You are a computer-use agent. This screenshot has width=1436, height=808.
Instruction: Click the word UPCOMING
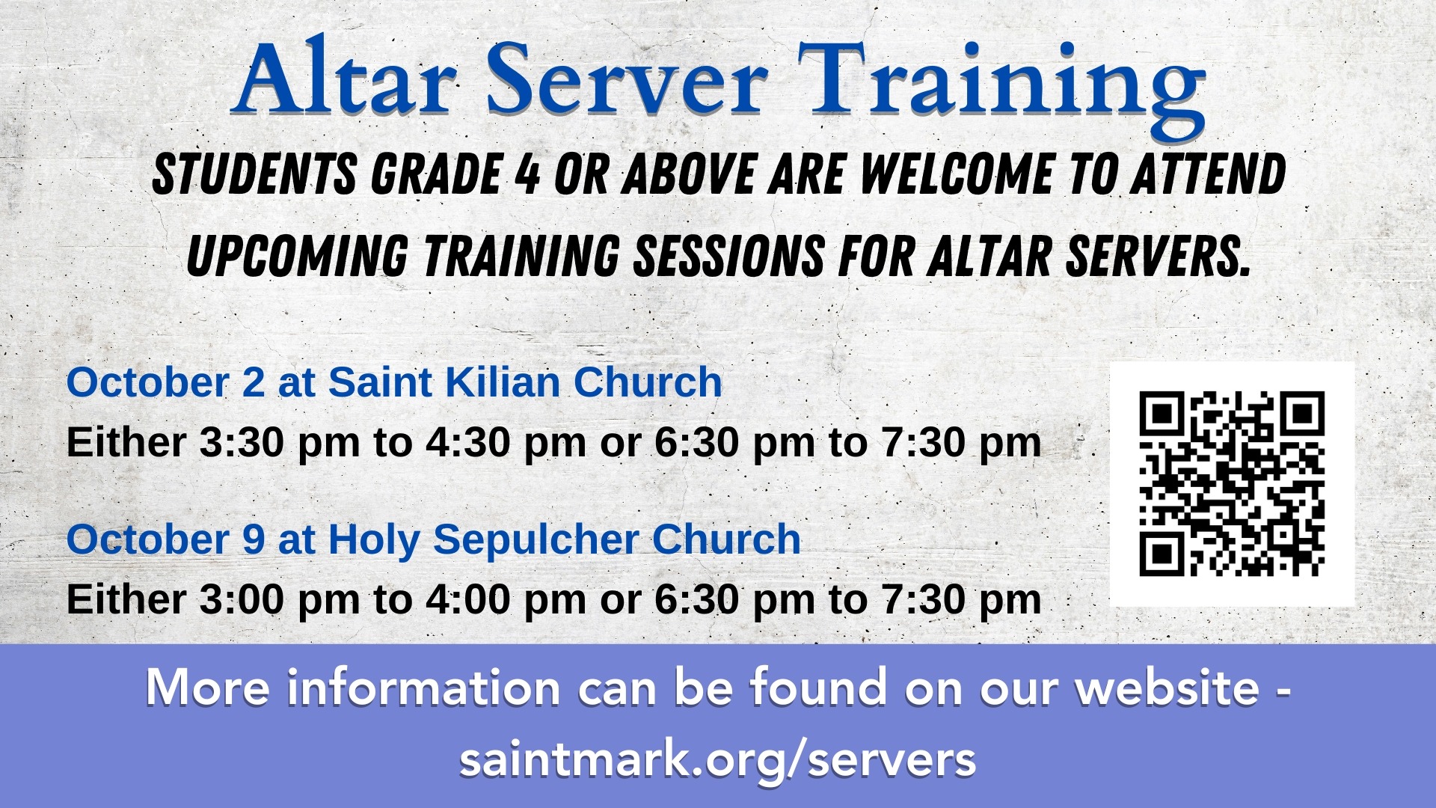tap(297, 255)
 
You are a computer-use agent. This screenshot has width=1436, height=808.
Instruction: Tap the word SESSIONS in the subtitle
tap(729, 255)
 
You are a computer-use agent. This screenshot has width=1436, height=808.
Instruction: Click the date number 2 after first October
tap(254, 382)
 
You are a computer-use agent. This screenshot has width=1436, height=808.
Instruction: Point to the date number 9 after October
tap(254, 539)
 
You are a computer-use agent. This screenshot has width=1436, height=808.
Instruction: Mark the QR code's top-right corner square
tap(1302, 414)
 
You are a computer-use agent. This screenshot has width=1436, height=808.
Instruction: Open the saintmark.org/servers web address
tap(718, 759)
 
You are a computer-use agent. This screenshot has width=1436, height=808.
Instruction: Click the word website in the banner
tap(1167, 687)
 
